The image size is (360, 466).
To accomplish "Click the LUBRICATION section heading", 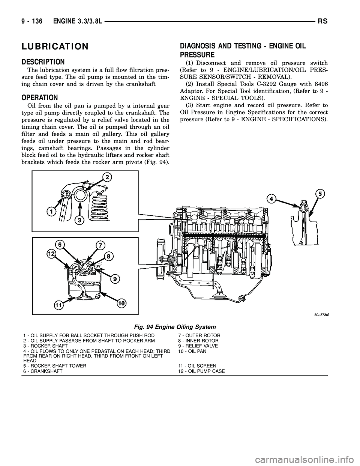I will pos(55,47).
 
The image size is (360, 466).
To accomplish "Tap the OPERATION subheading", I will pos(40,97).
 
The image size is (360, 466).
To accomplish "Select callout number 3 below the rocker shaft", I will pos(79,221).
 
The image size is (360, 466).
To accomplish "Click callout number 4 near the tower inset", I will pos(271,198).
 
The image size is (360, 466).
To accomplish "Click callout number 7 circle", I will pos(100,246).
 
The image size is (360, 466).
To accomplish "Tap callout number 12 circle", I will pos(52,254).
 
